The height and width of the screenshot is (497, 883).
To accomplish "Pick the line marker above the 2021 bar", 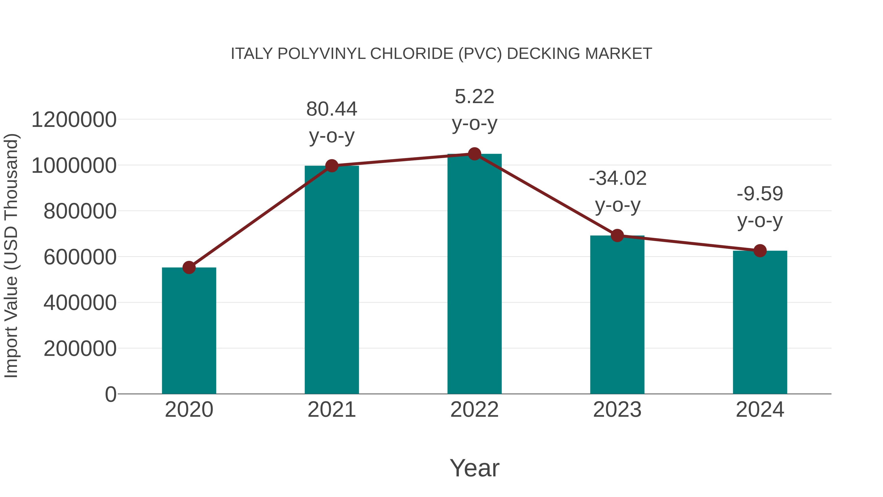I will (331, 166).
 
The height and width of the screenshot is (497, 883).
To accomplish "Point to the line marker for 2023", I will (617, 236).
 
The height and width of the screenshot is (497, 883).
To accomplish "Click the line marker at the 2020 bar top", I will (189, 268).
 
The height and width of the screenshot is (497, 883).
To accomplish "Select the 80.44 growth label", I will (331, 109).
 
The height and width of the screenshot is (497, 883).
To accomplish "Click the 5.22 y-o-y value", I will (474, 96).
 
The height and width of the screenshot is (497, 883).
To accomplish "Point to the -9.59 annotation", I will (760, 194).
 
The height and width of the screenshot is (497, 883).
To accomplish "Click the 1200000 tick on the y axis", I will (74, 120).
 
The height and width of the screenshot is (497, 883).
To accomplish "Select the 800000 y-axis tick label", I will (80, 211).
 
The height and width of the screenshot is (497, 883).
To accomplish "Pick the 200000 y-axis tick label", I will (80, 349).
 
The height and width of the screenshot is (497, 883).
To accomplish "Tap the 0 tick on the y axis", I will (110, 394).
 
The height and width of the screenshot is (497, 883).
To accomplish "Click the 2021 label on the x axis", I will (331, 410).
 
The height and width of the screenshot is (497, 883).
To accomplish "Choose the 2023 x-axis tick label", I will (617, 410).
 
